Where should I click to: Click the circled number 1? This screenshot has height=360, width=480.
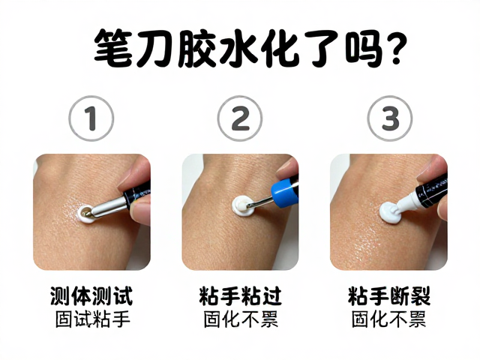(x=91, y=118)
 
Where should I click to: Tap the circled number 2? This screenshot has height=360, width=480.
(x=240, y=118)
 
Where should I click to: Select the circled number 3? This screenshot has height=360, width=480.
(x=390, y=118)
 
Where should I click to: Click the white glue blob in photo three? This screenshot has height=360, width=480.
(x=390, y=211)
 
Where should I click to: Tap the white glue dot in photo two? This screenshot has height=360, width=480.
(x=241, y=205)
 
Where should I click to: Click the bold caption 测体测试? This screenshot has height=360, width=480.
(x=91, y=296)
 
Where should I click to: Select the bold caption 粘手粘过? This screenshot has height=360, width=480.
(x=240, y=296)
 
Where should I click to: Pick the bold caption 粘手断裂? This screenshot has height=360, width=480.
(x=389, y=296)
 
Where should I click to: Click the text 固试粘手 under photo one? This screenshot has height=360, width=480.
(x=93, y=319)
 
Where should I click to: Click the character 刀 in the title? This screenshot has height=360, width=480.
(x=154, y=48)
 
